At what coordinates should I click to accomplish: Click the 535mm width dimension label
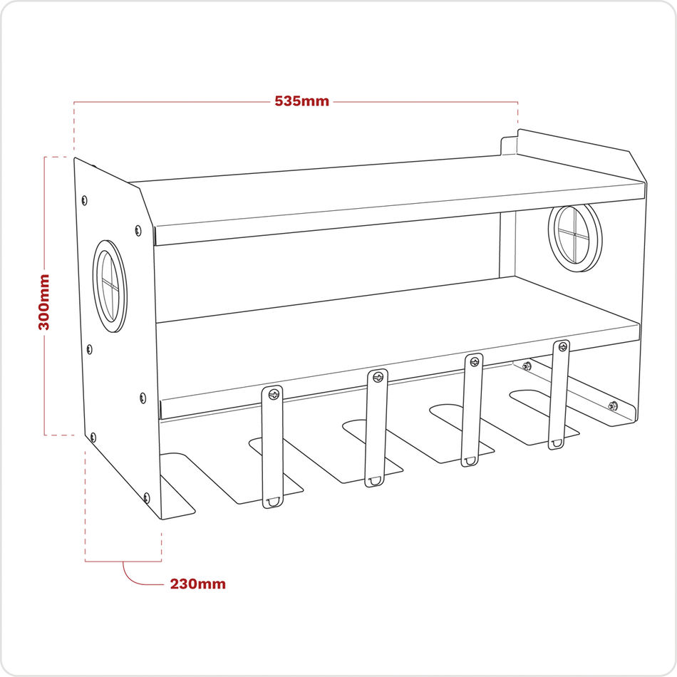click(x=302, y=101)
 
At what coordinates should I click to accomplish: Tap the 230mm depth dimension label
click(x=197, y=584)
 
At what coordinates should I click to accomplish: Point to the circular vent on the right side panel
click(x=575, y=237)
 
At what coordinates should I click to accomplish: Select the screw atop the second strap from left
click(x=378, y=377)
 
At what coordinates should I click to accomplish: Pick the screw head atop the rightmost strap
click(x=562, y=348)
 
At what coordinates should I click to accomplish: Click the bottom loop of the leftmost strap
click(x=272, y=502)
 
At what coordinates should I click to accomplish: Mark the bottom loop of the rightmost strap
click(x=555, y=443)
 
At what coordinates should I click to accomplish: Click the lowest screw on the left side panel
click(x=147, y=497)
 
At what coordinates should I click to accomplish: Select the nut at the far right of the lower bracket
click(x=612, y=406)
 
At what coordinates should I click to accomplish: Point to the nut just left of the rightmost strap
click(x=527, y=366)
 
